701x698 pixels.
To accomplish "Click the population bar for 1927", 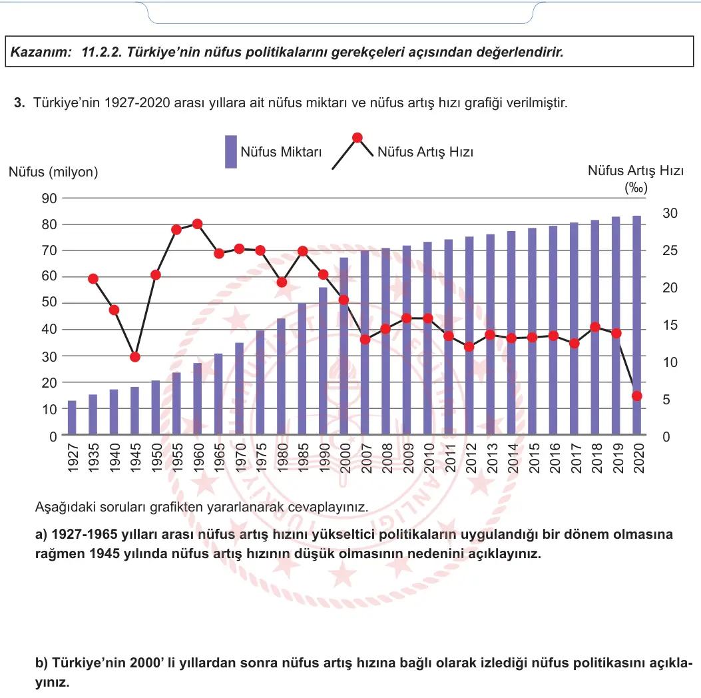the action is (72, 417).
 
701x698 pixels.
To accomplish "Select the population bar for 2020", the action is (636, 325).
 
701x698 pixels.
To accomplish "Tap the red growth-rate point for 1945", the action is (135, 357).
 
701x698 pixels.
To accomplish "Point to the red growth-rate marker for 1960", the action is (198, 224).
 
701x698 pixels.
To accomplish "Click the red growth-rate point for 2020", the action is (637, 396).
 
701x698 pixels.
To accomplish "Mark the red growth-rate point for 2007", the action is (365, 340).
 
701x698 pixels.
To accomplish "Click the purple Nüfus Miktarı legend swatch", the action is (231, 152).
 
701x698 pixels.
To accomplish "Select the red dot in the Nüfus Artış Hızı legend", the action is (357, 138).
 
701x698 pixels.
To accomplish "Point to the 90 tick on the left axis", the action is (49, 198).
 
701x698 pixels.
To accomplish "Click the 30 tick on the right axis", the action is (670, 213).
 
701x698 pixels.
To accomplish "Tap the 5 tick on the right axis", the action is (666, 400).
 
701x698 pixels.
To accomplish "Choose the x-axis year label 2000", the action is (345, 458).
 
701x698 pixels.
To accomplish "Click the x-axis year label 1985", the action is (303, 458).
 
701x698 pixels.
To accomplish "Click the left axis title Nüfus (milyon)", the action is (53, 172).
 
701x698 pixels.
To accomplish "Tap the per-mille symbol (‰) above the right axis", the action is (636, 187).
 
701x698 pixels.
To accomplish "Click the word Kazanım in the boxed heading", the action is (41, 52).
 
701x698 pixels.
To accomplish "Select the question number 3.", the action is (19, 103).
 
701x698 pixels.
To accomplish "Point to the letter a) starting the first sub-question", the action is (41, 534).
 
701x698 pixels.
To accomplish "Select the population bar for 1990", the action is (324, 361).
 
